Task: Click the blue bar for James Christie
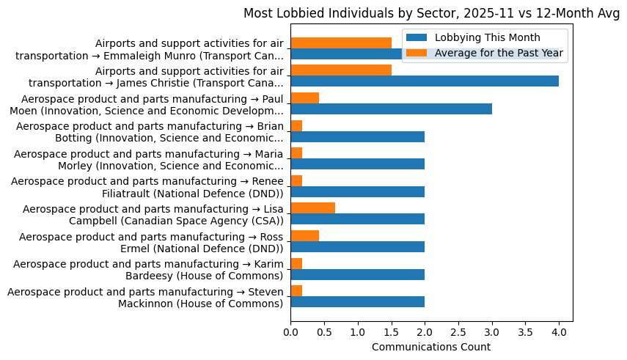click(425, 81)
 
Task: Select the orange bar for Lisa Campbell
click(313, 208)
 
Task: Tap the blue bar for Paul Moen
click(391, 109)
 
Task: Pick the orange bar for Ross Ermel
click(305, 236)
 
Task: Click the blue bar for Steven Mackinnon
click(358, 302)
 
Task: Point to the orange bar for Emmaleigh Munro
click(341, 43)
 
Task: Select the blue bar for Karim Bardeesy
click(358, 274)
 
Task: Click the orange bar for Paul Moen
click(305, 98)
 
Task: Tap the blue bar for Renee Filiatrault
click(358, 192)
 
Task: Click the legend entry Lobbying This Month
click(488, 38)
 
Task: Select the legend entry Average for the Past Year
click(499, 53)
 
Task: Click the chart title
click(431, 13)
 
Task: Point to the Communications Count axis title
click(431, 347)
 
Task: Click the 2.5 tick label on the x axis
click(458, 332)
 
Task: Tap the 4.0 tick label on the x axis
click(559, 332)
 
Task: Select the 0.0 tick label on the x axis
click(291, 332)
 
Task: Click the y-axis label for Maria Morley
click(148, 158)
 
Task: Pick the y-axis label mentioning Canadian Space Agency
click(153, 214)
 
